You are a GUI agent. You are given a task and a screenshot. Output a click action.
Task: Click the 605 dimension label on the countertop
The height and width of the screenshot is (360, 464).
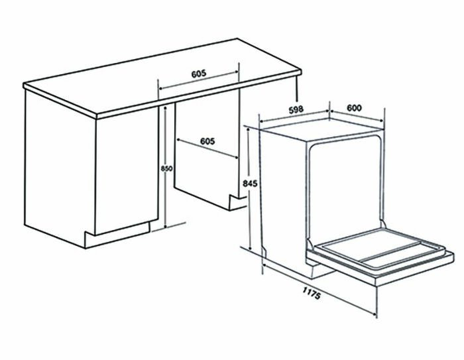pos(198,74)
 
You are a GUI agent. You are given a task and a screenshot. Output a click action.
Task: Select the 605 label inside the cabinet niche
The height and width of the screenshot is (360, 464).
pos(207,141)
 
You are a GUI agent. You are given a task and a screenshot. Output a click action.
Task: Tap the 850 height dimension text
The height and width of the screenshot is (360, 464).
pos(167,169)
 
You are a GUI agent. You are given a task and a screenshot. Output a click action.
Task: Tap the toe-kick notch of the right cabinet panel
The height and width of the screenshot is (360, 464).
pos(233,200)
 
